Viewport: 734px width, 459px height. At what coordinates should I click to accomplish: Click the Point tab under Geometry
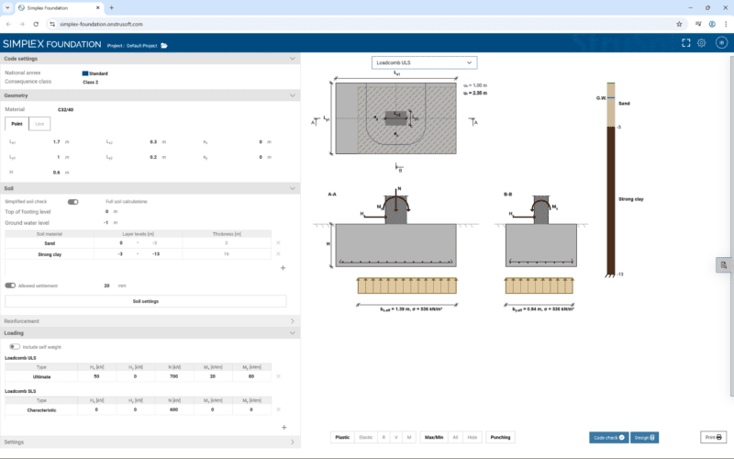tap(17, 124)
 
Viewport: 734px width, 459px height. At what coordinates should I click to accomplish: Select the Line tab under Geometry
tap(39, 124)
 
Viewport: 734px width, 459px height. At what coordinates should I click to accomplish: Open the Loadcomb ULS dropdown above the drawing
tap(425, 62)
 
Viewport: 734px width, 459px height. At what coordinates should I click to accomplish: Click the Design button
tap(644, 437)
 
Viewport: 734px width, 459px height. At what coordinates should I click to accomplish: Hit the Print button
tap(713, 437)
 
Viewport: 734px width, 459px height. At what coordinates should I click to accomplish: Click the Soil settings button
tap(145, 301)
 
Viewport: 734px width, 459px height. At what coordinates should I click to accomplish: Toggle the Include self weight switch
tap(15, 347)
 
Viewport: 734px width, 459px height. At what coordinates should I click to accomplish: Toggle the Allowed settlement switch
tap(11, 285)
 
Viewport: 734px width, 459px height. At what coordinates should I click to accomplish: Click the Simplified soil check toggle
tap(73, 201)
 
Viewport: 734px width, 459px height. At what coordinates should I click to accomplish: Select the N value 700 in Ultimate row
tap(173, 376)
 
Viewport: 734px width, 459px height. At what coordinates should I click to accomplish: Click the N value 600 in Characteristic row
tap(173, 409)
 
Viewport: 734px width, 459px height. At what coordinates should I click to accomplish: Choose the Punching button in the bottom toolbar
tap(500, 437)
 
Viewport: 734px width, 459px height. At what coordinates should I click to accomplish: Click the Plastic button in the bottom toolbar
tap(342, 437)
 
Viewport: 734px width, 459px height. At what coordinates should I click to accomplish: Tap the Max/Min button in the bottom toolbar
tap(434, 437)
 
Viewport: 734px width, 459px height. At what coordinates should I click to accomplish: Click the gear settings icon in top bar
tap(701, 43)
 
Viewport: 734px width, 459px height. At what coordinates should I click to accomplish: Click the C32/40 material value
tap(66, 109)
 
